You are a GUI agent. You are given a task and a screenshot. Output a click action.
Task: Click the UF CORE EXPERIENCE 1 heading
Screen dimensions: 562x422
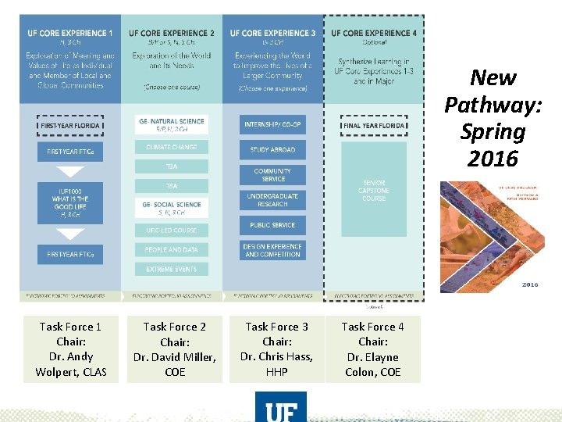tap(70, 34)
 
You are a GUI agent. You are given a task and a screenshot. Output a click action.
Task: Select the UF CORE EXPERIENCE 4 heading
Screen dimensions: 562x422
tap(373, 34)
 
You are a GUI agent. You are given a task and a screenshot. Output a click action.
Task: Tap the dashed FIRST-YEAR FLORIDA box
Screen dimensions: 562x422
tap(70, 124)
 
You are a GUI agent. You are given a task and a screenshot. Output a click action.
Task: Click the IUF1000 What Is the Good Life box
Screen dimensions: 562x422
tap(70, 203)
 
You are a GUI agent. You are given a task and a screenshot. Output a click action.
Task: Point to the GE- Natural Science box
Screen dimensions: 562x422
tap(172, 124)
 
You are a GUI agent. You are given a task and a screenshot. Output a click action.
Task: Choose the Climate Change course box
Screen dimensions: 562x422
tap(172, 147)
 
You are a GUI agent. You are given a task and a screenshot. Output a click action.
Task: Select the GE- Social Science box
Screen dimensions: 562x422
tap(172, 208)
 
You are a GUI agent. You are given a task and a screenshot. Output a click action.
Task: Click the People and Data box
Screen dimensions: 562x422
tap(172, 250)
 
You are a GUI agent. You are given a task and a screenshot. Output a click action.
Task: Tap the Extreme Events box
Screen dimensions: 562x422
tap(172, 270)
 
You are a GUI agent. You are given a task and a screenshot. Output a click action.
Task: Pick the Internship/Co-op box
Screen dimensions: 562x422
tap(272, 124)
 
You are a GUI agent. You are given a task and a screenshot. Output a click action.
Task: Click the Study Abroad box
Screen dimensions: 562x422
tap(272, 149)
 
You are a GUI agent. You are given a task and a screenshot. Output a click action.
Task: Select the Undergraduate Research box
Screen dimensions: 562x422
tap(272, 200)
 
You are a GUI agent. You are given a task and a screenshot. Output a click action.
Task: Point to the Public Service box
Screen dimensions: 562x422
tap(272, 225)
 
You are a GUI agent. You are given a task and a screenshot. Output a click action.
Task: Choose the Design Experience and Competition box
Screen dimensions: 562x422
tap(272, 250)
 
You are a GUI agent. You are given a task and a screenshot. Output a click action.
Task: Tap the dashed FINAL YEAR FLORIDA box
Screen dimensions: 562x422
tap(373, 125)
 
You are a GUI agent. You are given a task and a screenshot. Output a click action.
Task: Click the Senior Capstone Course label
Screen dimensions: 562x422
tap(374, 191)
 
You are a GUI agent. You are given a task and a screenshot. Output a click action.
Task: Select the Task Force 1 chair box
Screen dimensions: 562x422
tap(70, 349)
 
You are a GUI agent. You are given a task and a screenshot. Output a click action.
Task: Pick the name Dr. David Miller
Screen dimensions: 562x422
tap(175, 357)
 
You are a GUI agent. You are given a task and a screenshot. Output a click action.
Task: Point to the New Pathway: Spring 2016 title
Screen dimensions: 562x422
tap(493, 118)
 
